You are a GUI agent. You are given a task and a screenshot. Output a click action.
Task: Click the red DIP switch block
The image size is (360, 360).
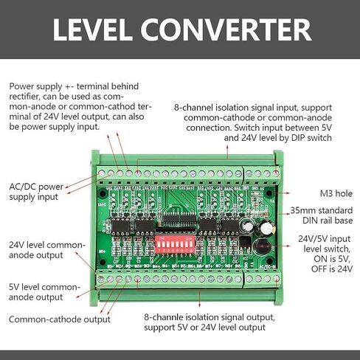[x=176, y=243]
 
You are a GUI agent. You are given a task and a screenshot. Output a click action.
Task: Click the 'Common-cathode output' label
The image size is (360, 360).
[x=60, y=319]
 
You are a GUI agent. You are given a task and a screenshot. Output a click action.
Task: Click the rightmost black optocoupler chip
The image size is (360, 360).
[x=233, y=224]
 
